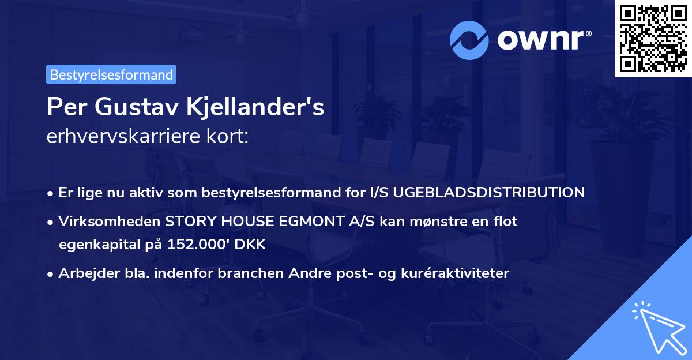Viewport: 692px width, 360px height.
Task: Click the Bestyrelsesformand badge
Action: pyautogui.click(x=111, y=74)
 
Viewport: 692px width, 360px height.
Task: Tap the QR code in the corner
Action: pyautogui.click(x=653, y=38)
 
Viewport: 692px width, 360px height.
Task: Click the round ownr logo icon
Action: pyautogui.click(x=469, y=39)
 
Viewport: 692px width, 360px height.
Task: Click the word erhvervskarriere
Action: pyautogui.click(x=116, y=137)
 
